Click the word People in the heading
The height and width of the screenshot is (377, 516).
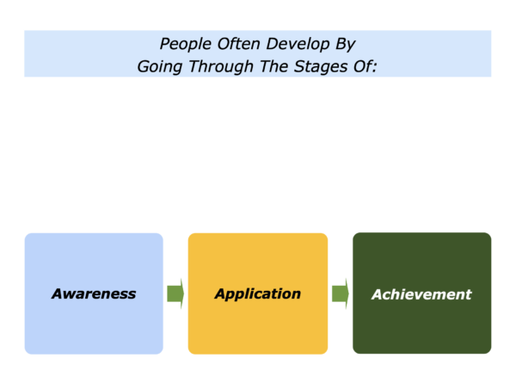pos(185,45)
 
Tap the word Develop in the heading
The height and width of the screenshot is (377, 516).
pos(298,45)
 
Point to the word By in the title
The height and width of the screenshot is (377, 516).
pos(345,45)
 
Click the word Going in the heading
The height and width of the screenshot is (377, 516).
pos(160,67)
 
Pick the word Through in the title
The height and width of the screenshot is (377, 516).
pos(221,67)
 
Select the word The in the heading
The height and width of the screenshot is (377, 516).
pos(273,66)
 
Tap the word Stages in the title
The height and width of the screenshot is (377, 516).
pos(321,67)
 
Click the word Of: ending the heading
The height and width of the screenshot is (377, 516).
pos(365,66)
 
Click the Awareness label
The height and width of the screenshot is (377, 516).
pos(94,294)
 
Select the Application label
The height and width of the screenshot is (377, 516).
pos(258,294)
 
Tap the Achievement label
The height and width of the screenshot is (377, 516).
pos(421,294)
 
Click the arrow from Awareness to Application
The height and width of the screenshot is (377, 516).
pos(175,294)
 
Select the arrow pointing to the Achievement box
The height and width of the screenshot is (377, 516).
pos(341,294)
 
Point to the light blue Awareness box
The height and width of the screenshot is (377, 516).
pos(94,294)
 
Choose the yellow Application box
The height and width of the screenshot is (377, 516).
pos(258,294)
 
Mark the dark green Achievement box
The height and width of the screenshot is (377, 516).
pos(422,294)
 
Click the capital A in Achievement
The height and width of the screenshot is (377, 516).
pos(378,294)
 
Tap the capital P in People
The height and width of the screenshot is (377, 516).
pos(165,44)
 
